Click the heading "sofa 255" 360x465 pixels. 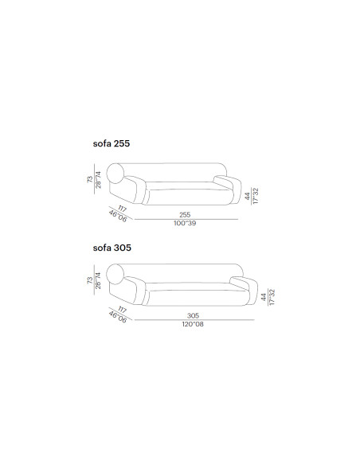point(112,143)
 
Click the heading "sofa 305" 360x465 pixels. point(112,248)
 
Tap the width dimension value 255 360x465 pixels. point(185,215)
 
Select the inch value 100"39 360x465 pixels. point(185,223)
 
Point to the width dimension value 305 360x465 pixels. point(193,315)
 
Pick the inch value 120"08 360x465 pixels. point(193,324)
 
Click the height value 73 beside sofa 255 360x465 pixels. point(90,179)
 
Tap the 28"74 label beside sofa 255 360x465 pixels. point(98,180)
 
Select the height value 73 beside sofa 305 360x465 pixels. point(90,280)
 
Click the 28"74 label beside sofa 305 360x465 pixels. point(98,280)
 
